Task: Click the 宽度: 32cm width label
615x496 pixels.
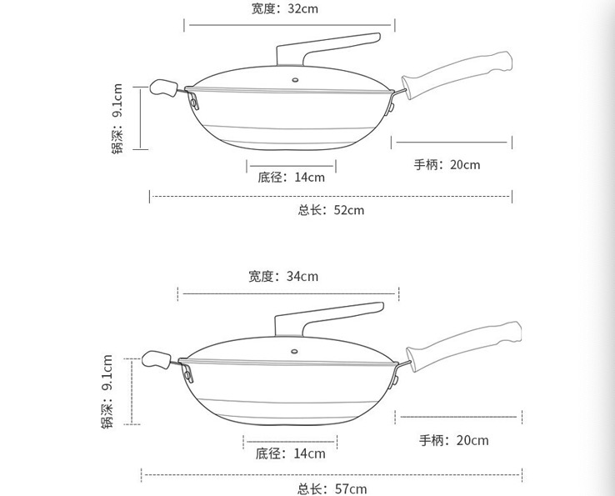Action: (x=284, y=8)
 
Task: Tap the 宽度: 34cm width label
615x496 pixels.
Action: (x=283, y=276)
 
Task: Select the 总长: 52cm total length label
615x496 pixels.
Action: (x=331, y=210)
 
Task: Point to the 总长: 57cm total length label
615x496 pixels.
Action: (x=332, y=489)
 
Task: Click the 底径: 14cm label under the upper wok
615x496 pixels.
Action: (x=291, y=177)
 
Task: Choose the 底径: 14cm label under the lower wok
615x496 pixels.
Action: (x=290, y=453)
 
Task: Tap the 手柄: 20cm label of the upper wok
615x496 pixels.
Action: (x=447, y=164)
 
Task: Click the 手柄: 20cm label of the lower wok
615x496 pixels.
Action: (x=454, y=440)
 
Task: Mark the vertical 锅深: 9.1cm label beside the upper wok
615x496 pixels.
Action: (x=117, y=118)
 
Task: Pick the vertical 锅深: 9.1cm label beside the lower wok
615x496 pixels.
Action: (x=107, y=391)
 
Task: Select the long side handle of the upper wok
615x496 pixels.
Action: (x=457, y=74)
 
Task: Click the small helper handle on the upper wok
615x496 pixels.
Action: (x=163, y=88)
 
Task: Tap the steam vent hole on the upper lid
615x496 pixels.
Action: (x=295, y=80)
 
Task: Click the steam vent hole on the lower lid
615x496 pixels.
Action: (x=294, y=351)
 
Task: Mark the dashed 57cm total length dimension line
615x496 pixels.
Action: (x=332, y=475)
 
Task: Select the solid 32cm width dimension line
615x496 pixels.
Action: (x=289, y=25)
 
